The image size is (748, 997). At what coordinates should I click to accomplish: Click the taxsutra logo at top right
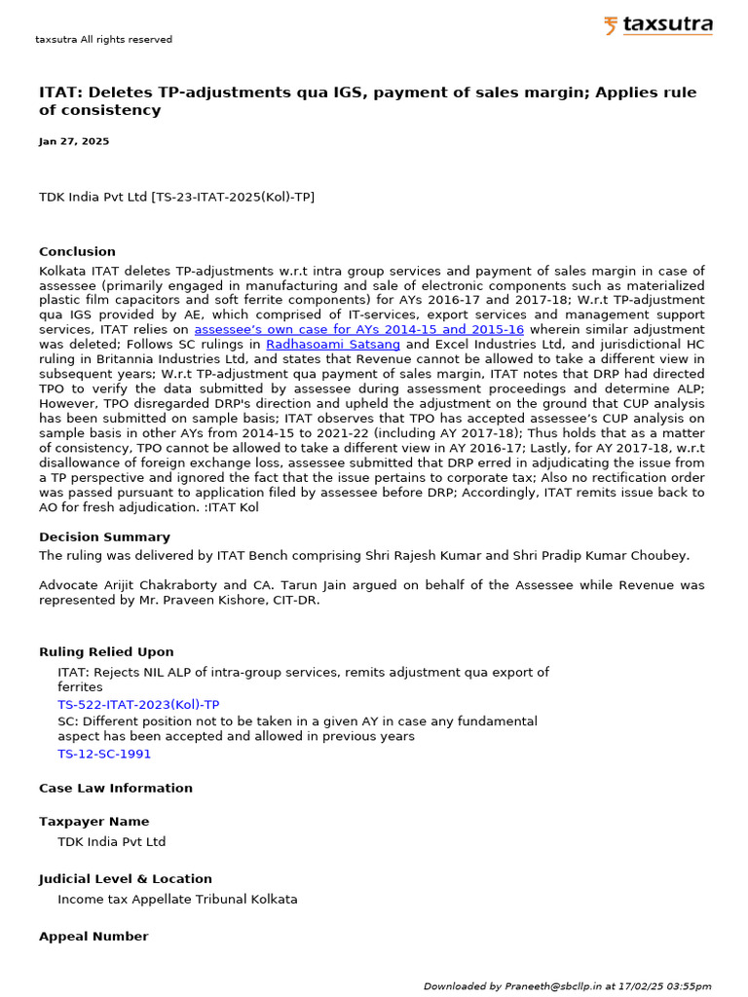pos(657,25)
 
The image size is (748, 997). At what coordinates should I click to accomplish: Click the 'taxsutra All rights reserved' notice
pos(103,40)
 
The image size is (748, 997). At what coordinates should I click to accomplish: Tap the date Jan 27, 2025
pos(74,141)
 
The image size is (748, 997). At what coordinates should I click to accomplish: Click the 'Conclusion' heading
pos(77,251)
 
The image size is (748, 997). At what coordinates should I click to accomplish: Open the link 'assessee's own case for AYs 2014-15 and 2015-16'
pos(358,330)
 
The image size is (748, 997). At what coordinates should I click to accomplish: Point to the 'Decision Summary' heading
pos(104,536)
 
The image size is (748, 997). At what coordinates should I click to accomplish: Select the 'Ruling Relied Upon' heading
pos(106,651)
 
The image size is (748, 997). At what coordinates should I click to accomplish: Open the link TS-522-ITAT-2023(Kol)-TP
pos(138,704)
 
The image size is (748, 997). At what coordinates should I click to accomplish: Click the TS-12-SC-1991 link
pos(104,754)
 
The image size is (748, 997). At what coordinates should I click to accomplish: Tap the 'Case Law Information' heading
pos(116,788)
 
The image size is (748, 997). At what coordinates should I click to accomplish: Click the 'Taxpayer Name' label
pos(94,821)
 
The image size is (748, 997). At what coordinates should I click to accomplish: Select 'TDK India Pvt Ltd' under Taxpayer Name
pos(112,841)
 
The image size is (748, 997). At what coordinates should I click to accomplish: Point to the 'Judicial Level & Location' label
pos(125,878)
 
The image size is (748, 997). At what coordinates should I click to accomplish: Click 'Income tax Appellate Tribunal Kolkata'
pos(177,899)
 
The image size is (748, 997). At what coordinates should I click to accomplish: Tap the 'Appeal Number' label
pos(93,936)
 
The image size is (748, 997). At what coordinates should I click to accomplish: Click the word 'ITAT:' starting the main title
pos(60,92)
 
